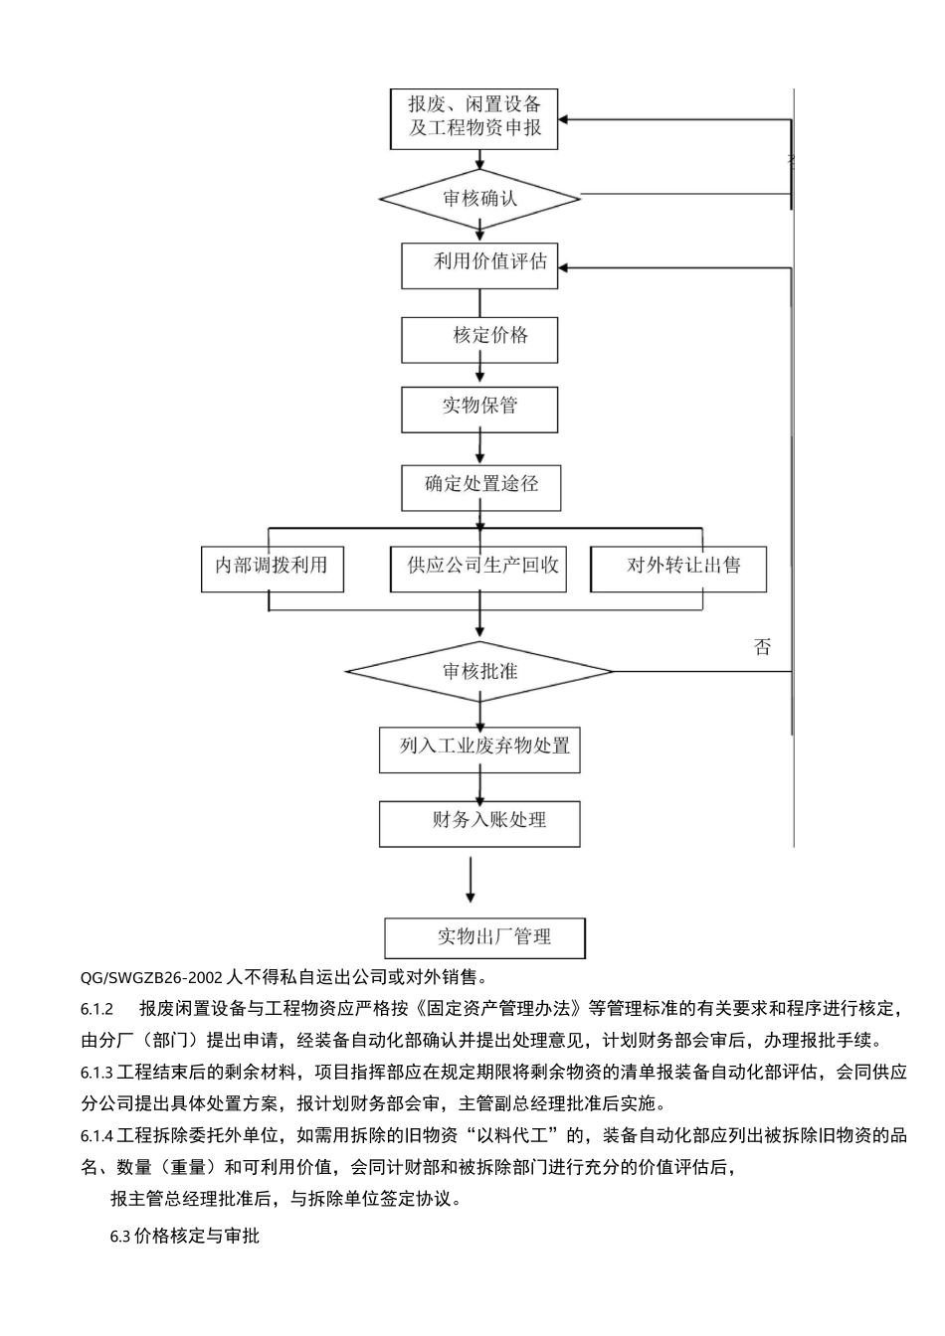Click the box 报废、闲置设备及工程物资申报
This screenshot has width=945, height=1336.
click(474, 117)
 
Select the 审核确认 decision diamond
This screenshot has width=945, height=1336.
click(479, 198)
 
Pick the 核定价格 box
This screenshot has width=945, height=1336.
click(479, 338)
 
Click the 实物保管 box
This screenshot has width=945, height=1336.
click(479, 409)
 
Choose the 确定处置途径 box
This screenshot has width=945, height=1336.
click(481, 486)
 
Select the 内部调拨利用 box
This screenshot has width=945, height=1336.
click(272, 568)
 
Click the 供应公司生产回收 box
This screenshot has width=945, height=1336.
click(479, 568)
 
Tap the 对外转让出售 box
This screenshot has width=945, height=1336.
click(678, 568)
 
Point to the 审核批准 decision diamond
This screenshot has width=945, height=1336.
click(479, 672)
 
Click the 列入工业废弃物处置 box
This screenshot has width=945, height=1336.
click(479, 749)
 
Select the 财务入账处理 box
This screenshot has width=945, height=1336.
click(479, 823)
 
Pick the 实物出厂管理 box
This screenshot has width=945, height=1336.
click(484, 937)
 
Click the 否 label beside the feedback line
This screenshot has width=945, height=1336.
click(762, 647)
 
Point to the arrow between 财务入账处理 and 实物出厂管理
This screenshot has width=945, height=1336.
click(471, 879)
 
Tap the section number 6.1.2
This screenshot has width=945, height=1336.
click(97, 1009)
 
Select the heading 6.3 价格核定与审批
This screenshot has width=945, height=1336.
click(185, 1237)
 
